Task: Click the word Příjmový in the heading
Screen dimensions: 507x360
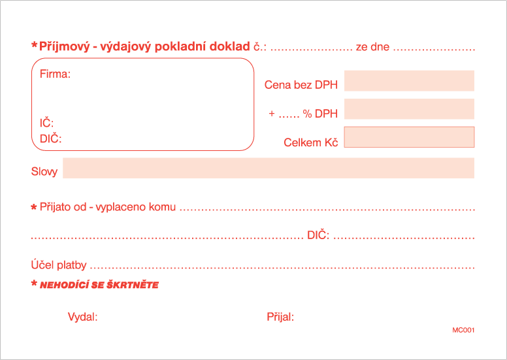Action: coord(64,46)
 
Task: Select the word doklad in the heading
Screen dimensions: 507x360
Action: coord(229,46)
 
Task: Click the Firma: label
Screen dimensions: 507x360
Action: coord(55,74)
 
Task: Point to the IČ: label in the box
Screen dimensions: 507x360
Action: coord(46,123)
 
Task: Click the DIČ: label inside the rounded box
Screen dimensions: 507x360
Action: coord(50,139)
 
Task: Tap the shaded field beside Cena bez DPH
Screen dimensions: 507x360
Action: coord(409,80)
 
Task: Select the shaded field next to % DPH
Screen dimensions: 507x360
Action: coord(409,109)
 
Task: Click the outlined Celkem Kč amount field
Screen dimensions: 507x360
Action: coord(409,137)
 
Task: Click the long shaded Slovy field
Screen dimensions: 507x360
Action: coord(269,168)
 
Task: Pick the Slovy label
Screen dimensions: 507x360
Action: coord(44,171)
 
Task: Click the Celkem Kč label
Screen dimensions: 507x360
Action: coord(311,142)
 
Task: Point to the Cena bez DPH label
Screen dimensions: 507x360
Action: coord(301,85)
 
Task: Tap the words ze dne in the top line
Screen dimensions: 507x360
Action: coord(372,47)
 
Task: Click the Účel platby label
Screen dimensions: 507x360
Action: coord(59,265)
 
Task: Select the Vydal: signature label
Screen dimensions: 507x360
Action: coord(82,317)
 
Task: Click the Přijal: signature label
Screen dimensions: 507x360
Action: coord(280,317)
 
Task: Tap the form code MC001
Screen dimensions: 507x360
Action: coord(463,330)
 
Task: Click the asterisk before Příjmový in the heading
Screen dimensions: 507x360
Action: coord(34,45)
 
